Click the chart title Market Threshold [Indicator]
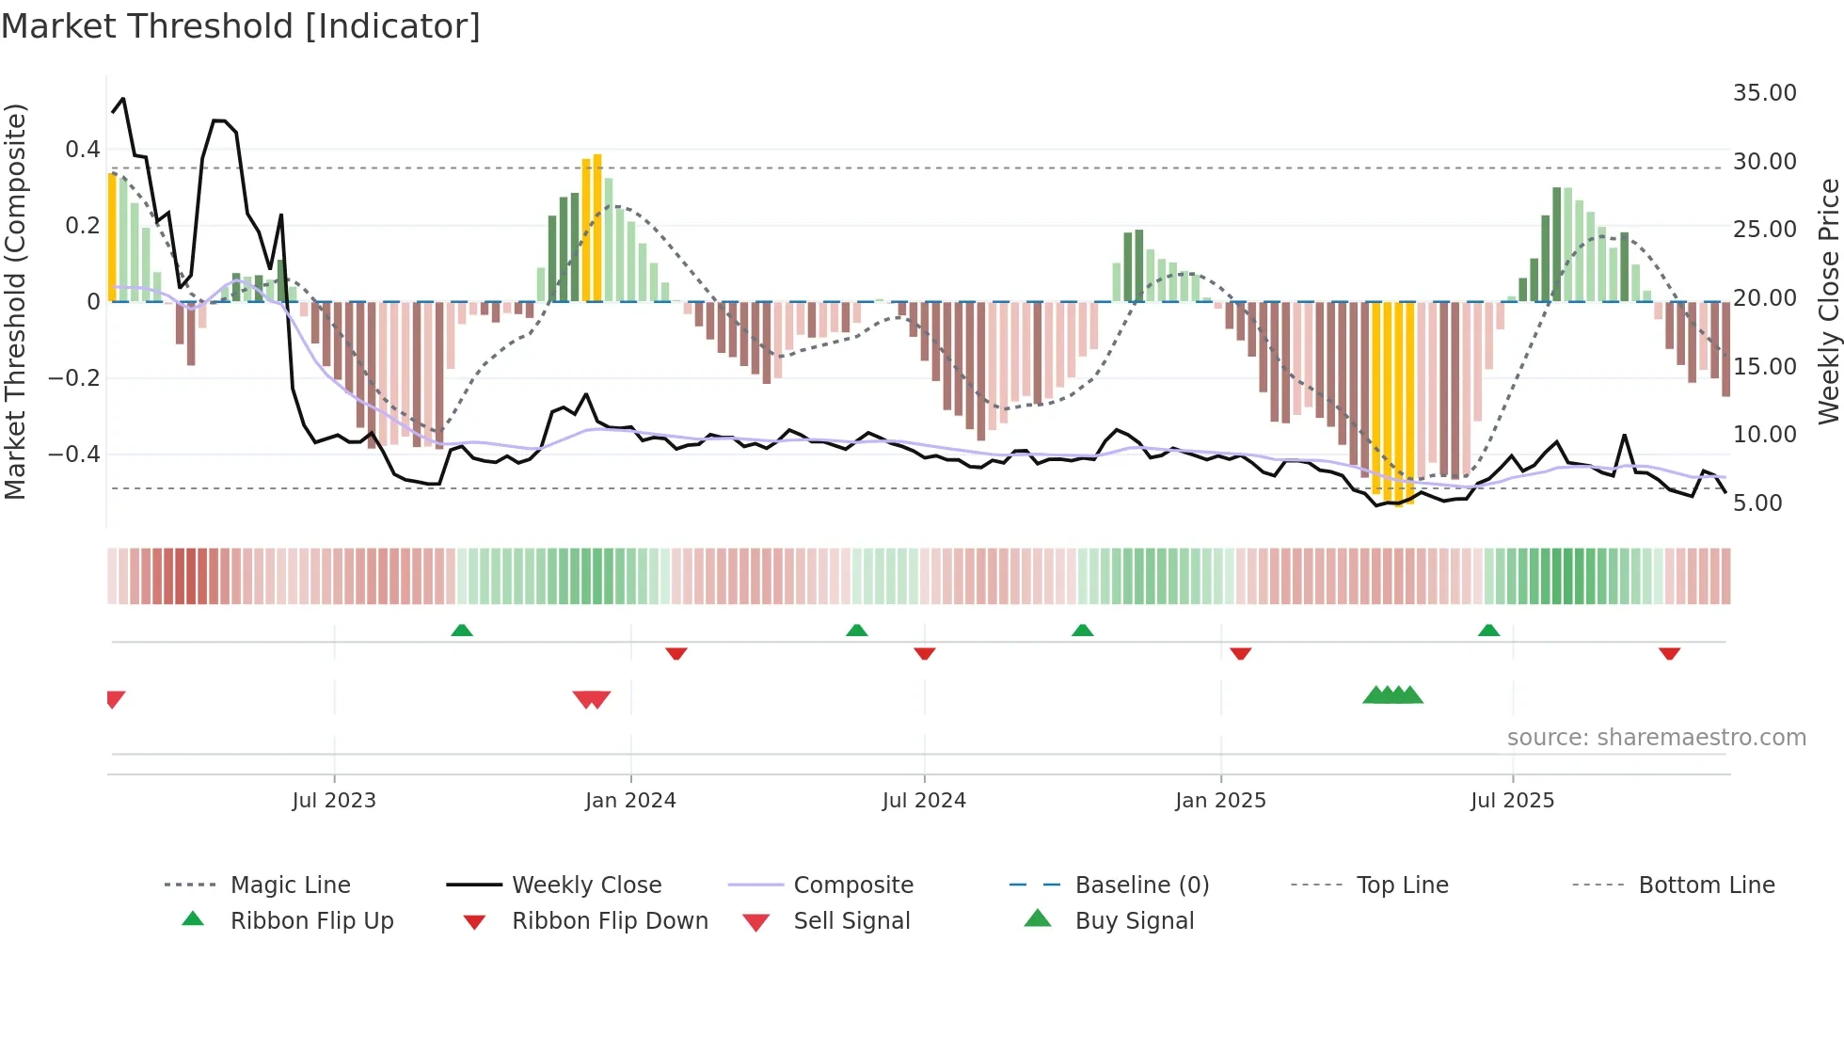(241, 26)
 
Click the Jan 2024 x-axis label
(630, 801)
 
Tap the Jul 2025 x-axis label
(1512, 801)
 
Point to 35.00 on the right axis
(1764, 93)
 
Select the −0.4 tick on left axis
(74, 455)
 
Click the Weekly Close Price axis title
(1828, 301)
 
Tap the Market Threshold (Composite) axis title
(15, 301)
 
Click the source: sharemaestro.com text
(1656, 738)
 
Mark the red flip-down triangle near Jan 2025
(1240, 653)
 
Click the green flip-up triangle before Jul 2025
(1488, 630)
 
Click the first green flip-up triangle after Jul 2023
(461, 630)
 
